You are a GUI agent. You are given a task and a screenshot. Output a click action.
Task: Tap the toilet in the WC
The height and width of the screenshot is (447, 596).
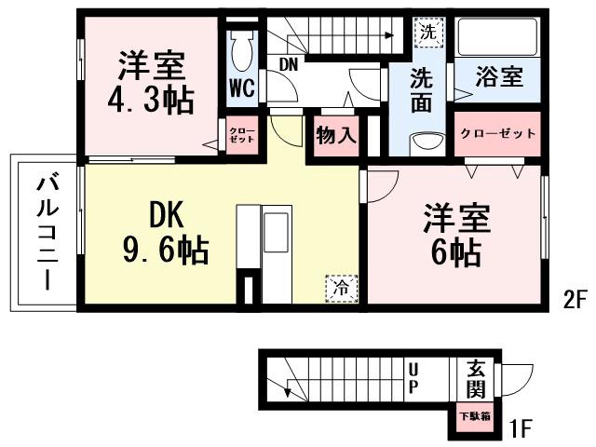[x=242, y=50]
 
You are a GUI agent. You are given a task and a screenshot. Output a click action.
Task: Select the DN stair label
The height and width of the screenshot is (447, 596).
[x=290, y=63]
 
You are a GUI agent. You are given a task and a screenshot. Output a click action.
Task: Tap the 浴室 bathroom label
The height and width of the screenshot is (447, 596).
[x=499, y=77]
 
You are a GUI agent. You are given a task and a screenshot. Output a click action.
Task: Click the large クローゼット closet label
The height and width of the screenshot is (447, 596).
[x=498, y=133]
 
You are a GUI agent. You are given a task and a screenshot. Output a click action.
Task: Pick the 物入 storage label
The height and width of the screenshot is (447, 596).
[x=336, y=135]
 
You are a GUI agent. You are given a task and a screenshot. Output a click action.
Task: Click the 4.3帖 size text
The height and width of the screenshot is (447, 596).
[x=155, y=101]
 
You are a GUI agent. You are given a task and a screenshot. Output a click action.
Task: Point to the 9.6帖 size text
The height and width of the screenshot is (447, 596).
[x=165, y=250]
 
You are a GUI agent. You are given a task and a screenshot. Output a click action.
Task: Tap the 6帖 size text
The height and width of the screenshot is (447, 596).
[x=455, y=251]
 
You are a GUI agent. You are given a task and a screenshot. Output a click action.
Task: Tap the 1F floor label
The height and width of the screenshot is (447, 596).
[x=520, y=429]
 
